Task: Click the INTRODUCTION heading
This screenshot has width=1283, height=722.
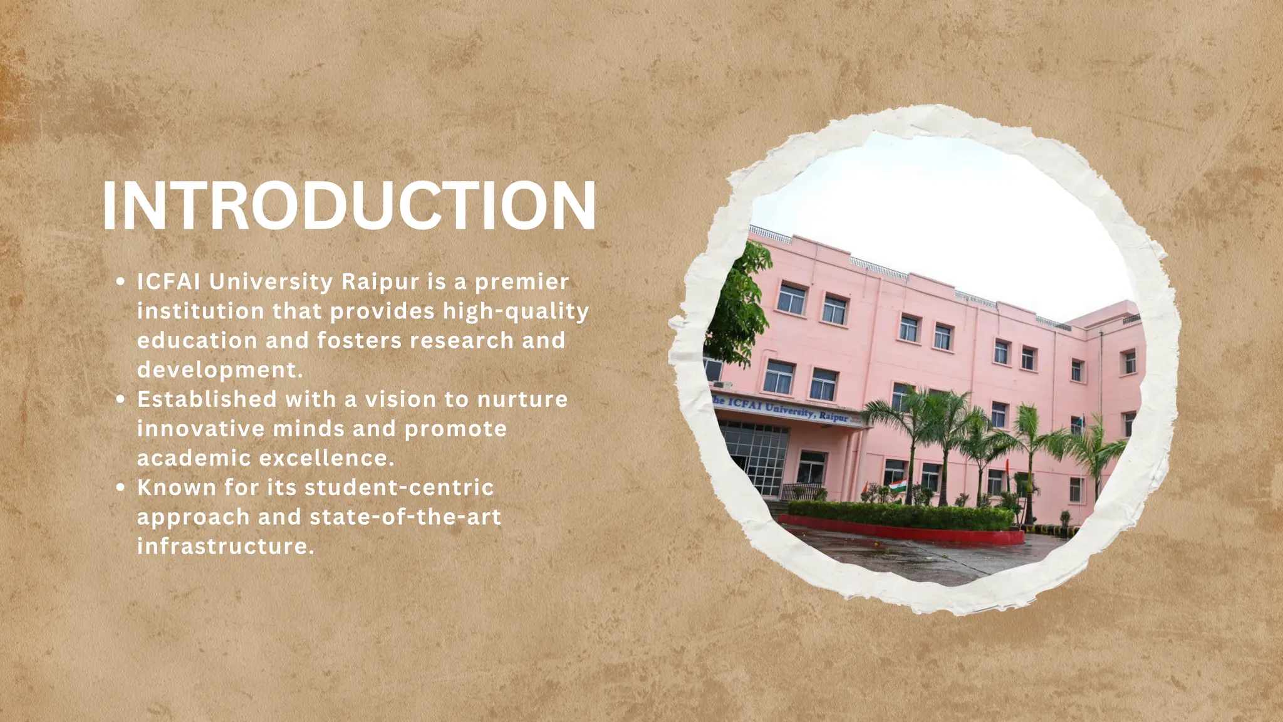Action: (348, 207)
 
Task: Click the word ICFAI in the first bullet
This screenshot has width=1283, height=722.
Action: (169, 282)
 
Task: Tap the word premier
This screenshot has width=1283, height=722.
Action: (522, 282)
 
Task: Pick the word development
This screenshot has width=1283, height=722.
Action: (220, 370)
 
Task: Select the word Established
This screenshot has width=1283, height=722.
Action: (207, 399)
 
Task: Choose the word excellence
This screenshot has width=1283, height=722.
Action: (326, 458)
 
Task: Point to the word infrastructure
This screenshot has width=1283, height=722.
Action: (225, 546)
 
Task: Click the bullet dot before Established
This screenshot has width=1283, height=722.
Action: (121, 400)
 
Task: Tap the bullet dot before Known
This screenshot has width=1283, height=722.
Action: (121, 488)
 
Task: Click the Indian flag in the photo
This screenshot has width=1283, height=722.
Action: (897, 486)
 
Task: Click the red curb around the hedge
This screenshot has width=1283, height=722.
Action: (902, 532)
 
